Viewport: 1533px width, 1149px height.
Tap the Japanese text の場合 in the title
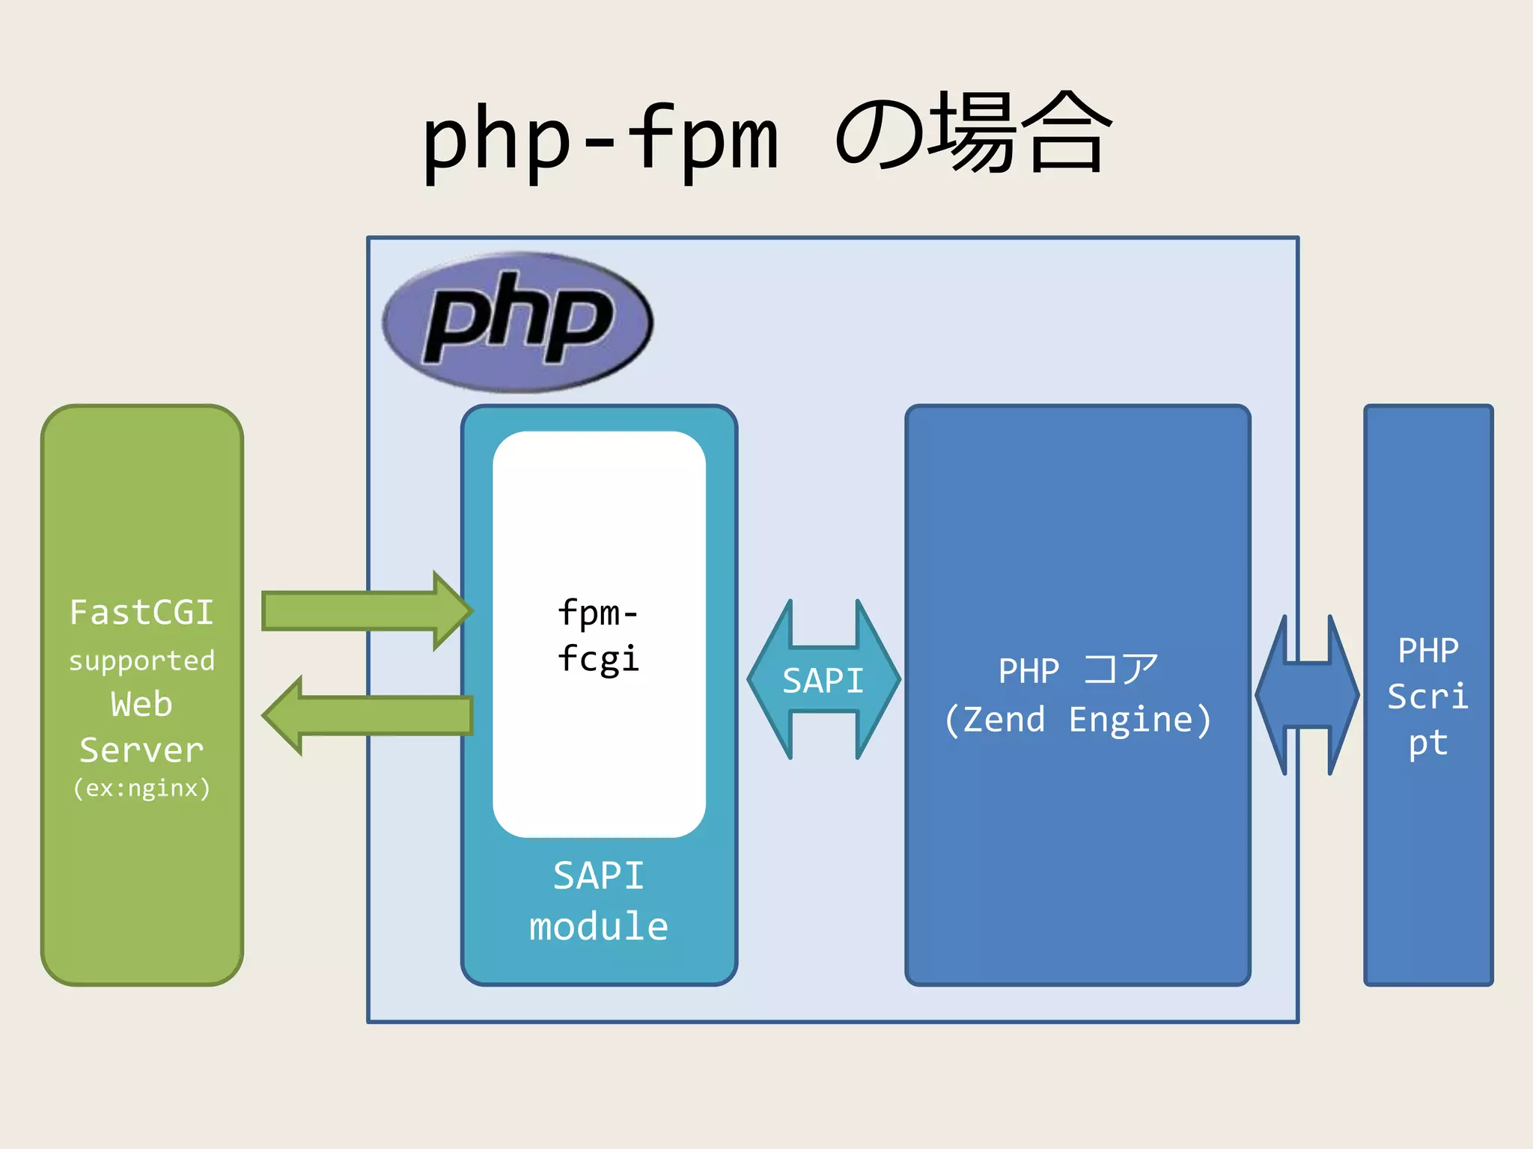tap(973, 135)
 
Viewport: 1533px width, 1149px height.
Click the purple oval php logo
tap(517, 322)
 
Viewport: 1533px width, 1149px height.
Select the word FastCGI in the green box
tap(141, 613)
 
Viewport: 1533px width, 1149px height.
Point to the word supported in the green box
tap(141, 661)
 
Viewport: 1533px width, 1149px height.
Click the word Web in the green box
tap(141, 705)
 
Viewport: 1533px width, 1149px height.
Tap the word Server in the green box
tap(141, 750)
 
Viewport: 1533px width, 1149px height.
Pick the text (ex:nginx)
tap(141, 788)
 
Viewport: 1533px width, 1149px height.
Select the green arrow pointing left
tap(367, 716)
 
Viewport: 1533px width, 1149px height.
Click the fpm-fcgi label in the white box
tap(598, 636)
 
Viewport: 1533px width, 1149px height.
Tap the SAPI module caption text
tap(598, 901)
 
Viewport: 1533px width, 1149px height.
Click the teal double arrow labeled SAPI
tap(823, 680)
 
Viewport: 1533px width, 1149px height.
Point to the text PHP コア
tap(1078, 670)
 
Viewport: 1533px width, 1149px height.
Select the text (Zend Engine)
tap(1078, 720)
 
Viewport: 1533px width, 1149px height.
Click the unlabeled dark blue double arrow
tap(1307, 695)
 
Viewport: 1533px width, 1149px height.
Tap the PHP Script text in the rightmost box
tap(1427, 696)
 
